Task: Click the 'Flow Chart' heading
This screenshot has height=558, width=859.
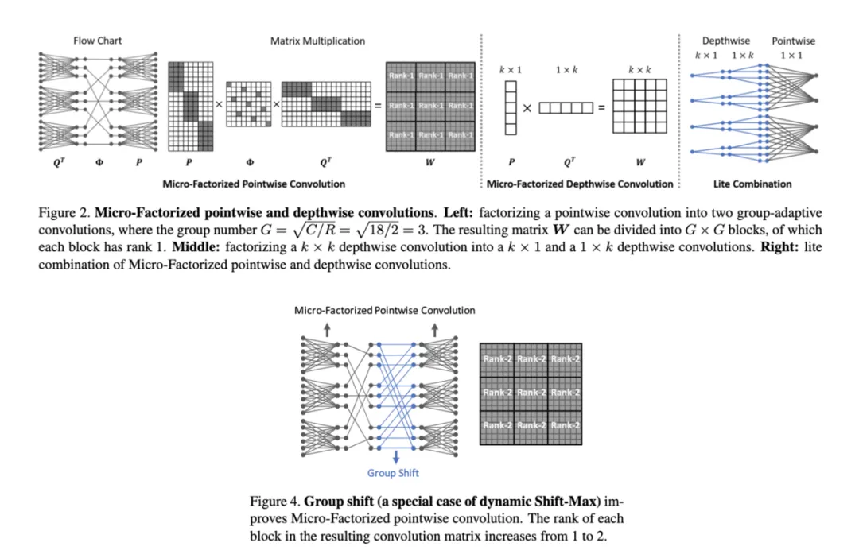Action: pos(98,41)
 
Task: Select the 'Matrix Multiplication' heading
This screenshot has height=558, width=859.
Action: pos(317,41)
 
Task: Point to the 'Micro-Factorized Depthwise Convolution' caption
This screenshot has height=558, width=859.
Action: pos(579,184)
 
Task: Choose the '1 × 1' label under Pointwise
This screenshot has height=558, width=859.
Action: pos(791,54)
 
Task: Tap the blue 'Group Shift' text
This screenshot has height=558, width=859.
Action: pos(393,473)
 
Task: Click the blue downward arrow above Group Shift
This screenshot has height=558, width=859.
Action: pos(396,456)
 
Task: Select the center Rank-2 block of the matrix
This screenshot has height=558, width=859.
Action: pos(531,393)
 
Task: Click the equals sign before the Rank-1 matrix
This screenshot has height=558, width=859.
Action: pos(377,106)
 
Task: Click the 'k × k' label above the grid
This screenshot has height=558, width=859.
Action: pos(639,70)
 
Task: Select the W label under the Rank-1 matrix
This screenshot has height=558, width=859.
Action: pos(429,163)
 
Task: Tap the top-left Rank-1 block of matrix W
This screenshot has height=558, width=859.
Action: pos(400,76)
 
